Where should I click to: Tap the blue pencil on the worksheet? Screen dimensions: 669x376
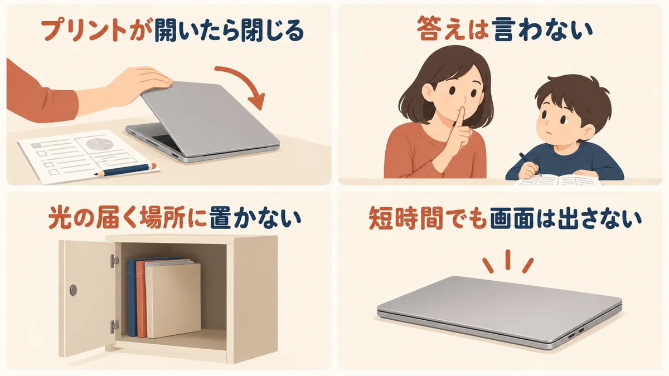coord(125,169)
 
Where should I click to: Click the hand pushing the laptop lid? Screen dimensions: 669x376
coord(140,83)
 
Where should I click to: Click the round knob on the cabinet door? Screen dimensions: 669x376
coord(73,290)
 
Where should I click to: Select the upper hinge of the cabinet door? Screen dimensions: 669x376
coord(114,261)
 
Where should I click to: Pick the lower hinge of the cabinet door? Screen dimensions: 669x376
coord(114,327)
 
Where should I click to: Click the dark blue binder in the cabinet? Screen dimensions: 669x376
coord(133,297)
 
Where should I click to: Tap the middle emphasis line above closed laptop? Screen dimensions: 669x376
coord(508,260)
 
